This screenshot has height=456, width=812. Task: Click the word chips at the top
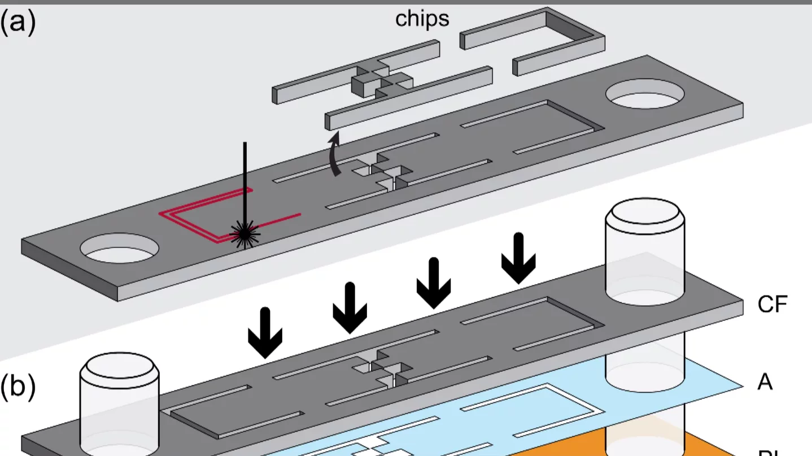[x=422, y=19]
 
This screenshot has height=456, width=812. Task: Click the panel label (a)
[x=18, y=23]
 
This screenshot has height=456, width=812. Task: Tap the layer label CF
[x=772, y=305]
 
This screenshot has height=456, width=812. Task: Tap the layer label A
[x=765, y=383]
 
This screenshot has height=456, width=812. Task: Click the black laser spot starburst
[x=245, y=232]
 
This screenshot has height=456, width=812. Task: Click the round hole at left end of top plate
[x=119, y=249]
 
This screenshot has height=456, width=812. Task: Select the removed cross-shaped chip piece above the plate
[x=370, y=82]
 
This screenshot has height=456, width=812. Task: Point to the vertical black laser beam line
[x=245, y=181]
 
